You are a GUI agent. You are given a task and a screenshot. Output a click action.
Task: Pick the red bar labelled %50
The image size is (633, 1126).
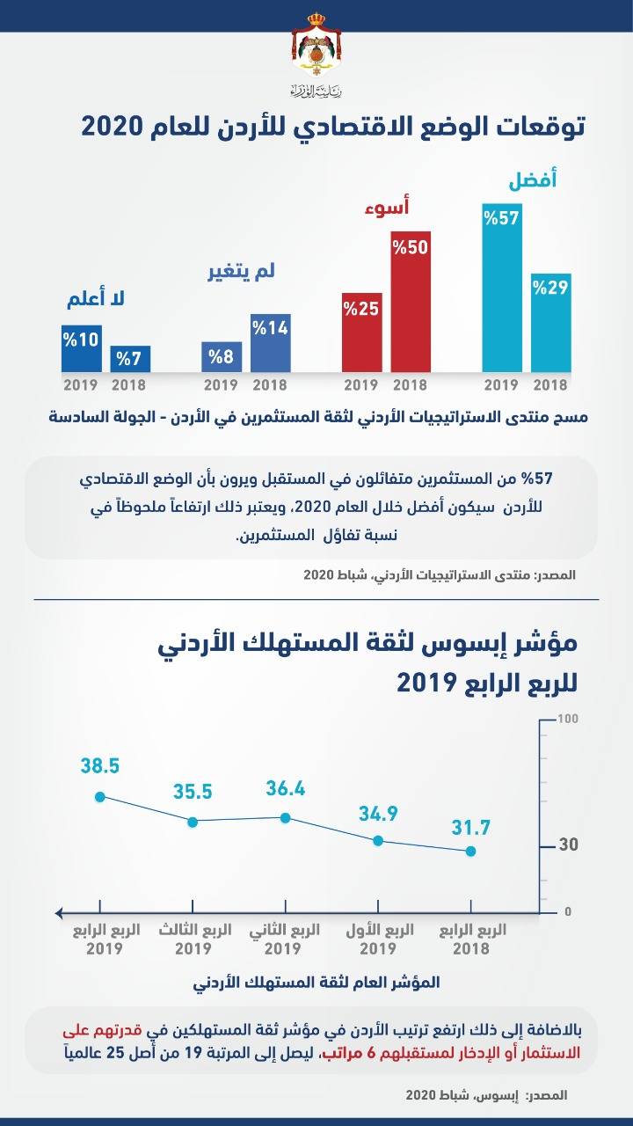(x=411, y=299)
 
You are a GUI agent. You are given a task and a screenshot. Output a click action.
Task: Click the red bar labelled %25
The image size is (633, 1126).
(x=361, y=332)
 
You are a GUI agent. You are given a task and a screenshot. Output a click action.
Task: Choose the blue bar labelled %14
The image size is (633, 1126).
(x=270, y=343)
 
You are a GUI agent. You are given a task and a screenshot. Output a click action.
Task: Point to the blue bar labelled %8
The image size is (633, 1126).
(x=221, y=356)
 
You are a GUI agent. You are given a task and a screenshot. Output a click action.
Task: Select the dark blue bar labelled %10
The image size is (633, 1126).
(x=82, y=348)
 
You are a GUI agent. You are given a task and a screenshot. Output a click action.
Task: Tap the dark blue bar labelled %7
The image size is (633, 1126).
(x=130, y=358)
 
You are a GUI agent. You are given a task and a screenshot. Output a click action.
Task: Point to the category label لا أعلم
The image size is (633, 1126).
(x=96, y=300)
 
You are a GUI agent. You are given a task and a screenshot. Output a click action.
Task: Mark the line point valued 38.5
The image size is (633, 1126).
(x=100, y=797)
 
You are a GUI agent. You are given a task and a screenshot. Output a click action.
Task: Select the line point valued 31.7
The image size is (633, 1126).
(x=470, y=851)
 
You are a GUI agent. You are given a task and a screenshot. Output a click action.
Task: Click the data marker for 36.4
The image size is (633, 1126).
(x=285, y=817)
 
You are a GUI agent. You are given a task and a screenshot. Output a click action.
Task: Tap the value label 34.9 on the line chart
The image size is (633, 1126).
(x=379, y=814)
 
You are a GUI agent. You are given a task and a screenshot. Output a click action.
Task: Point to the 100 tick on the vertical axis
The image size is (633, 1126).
(x=567, y=719)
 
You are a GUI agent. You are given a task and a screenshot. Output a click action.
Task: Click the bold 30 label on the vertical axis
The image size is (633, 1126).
(x=568, y=845)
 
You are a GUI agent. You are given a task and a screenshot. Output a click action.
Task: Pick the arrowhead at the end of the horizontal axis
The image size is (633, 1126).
(x=59, y=912)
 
